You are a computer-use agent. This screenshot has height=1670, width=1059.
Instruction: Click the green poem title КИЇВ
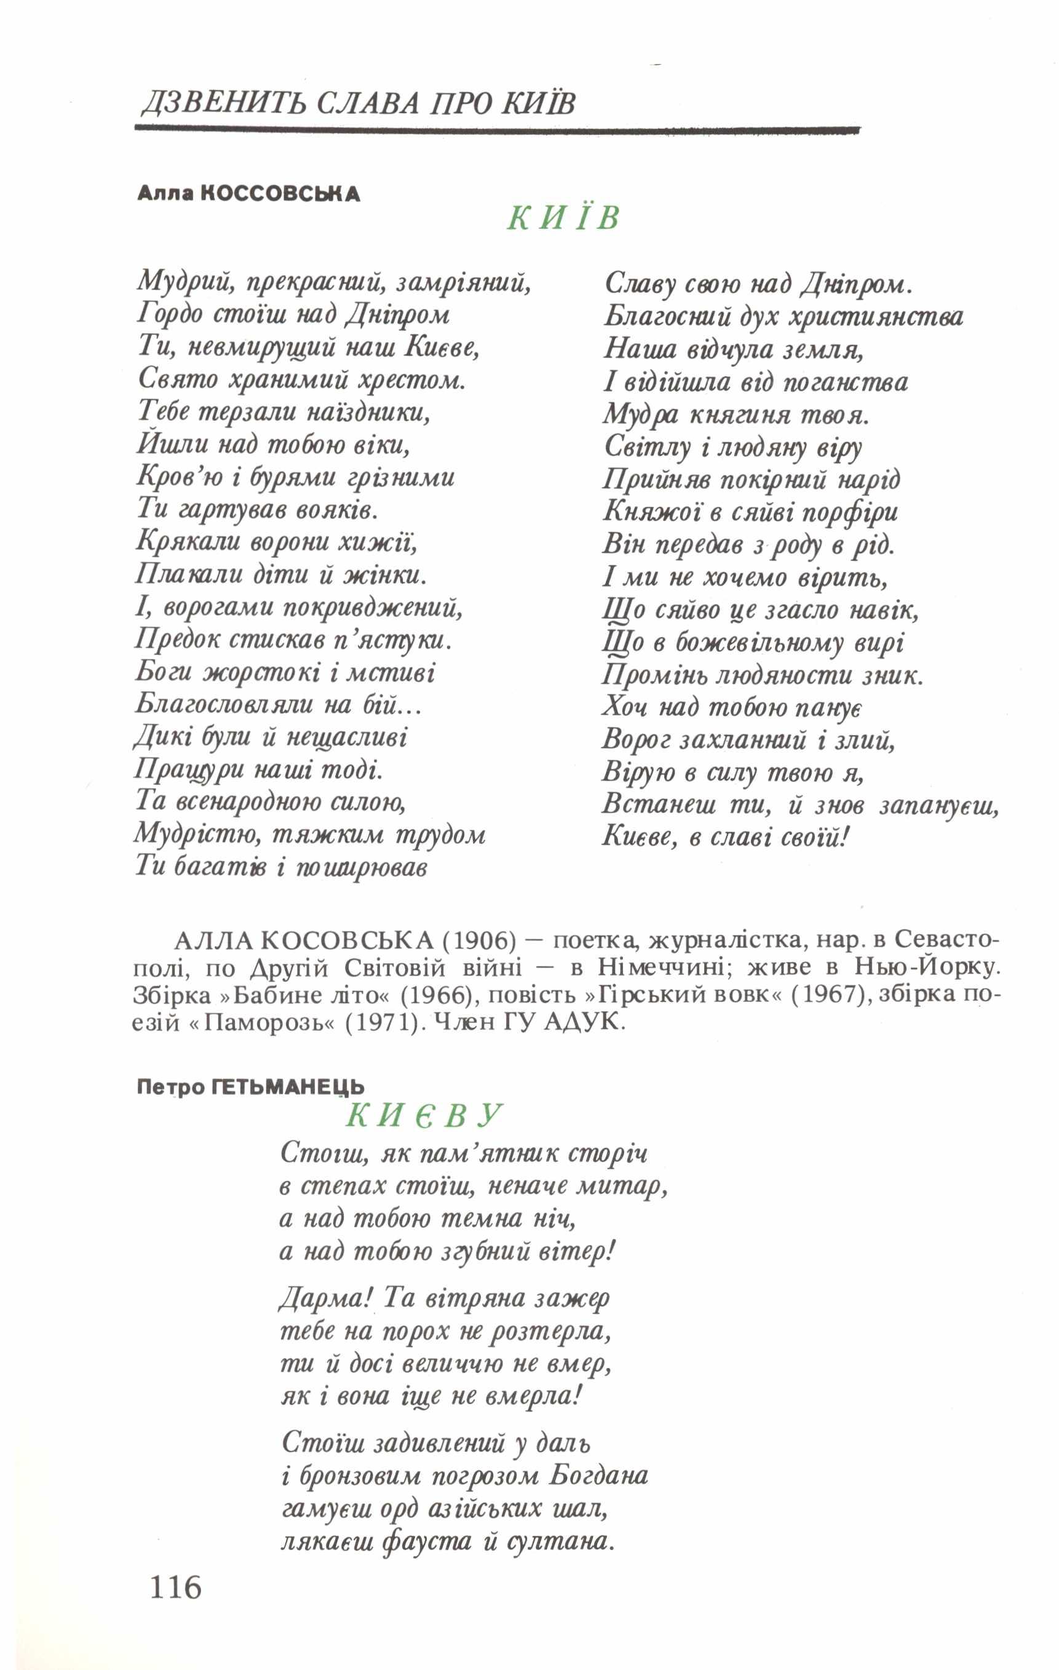pyautogui.click(x=563, y=218)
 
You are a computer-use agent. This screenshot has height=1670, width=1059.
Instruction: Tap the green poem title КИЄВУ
pyautogui.click(x=423, y=1115)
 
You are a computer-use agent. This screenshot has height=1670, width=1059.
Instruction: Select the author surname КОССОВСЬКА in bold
pyautogui.click(x=280, y=194)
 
